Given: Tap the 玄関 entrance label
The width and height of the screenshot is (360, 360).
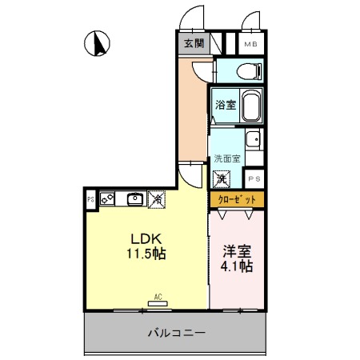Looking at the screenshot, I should point(193,44).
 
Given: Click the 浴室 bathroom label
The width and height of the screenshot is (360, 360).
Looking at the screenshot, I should point(226,105).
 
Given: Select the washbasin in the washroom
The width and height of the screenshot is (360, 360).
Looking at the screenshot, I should point(253,139).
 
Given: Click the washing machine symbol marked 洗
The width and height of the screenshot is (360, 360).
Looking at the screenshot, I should point(222,178).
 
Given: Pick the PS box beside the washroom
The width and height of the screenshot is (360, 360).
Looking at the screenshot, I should point(254,178).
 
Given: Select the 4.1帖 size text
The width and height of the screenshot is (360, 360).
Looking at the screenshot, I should point(236,266).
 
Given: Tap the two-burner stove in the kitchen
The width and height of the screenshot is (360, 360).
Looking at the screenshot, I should point(107,198).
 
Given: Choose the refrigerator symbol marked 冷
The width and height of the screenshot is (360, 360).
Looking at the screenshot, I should point(158,198).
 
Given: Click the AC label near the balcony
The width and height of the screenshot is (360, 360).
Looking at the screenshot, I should point(158,297).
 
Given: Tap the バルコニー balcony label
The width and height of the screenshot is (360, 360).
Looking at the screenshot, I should point(176,331).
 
